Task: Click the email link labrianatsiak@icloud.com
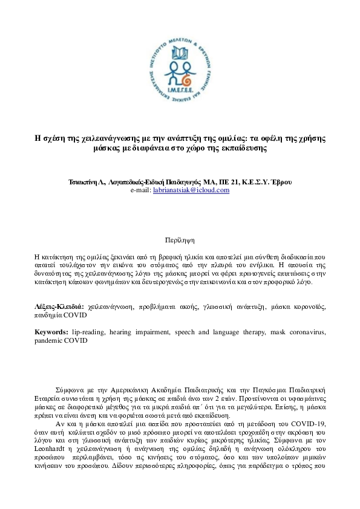click(191, 190)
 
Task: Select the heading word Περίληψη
click(180, 240)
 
